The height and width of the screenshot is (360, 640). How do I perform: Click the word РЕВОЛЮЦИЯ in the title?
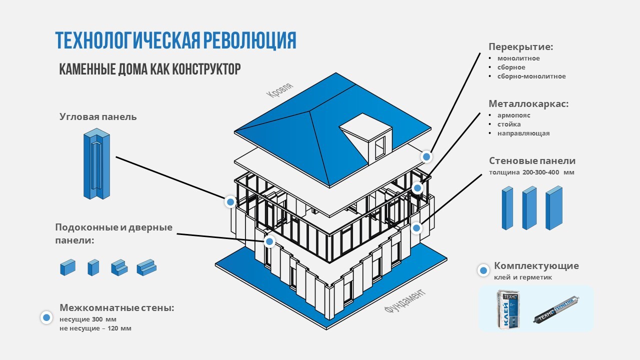point(249,40)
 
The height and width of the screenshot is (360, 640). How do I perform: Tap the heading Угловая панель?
point(98,117)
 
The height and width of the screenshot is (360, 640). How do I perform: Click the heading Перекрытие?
point(520,47)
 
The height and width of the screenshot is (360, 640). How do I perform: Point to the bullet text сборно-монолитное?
point(531,76)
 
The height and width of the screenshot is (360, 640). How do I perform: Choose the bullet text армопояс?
point(513,115)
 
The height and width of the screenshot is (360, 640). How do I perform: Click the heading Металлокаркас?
point(528,104)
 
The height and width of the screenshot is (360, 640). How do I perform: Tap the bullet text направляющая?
point(523,133)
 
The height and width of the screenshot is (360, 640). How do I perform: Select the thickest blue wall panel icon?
point(554,207)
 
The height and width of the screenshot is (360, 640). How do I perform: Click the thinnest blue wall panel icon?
point(507,208)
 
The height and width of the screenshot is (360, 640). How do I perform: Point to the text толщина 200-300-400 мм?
point(531,172)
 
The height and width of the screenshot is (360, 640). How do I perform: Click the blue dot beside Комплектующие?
point(483,270)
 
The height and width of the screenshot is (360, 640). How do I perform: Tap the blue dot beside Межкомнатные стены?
point(46,317)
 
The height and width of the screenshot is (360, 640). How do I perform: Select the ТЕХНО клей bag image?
point(509,309)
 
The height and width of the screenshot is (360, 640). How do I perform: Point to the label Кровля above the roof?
point(279,91)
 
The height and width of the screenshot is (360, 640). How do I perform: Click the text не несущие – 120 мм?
point(95,328)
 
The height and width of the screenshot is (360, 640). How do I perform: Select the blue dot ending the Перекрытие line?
point(426,157)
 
